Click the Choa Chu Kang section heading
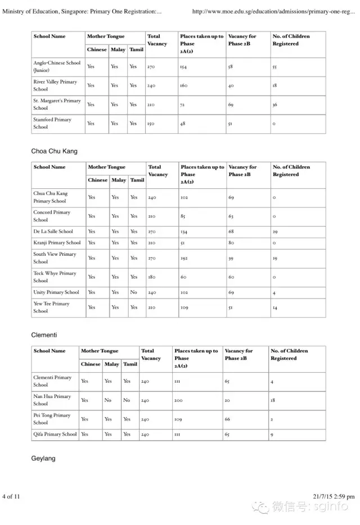55,151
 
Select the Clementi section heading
44,335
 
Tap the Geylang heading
43,459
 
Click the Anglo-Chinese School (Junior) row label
57,67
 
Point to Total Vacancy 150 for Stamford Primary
151,124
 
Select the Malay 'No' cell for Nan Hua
108,400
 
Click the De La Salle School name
53,232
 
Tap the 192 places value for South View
184,258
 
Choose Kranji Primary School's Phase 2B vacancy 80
231,243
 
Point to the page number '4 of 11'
11,496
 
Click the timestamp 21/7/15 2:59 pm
333,496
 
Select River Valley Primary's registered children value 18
274,86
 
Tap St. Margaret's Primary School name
57,105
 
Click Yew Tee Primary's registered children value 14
274,307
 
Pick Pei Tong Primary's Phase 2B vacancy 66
228,419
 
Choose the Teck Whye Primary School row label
55,277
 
